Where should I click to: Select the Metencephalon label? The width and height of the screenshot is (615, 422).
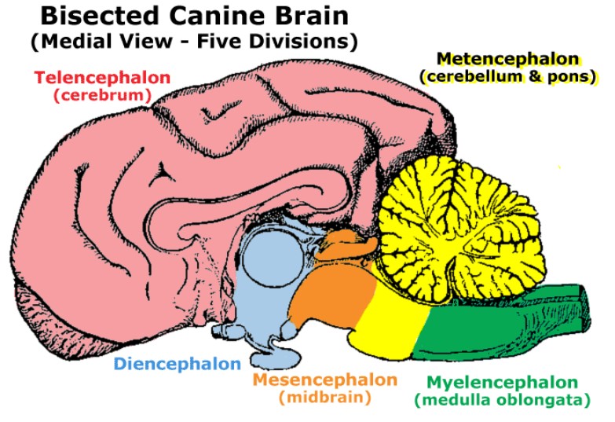tap(508, 59)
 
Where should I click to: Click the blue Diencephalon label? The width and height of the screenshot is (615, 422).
tap(177, 364)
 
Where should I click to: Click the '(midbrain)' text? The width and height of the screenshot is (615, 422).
tap(324, 398)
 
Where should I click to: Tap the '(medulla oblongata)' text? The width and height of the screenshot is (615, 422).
tap(503, 400)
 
